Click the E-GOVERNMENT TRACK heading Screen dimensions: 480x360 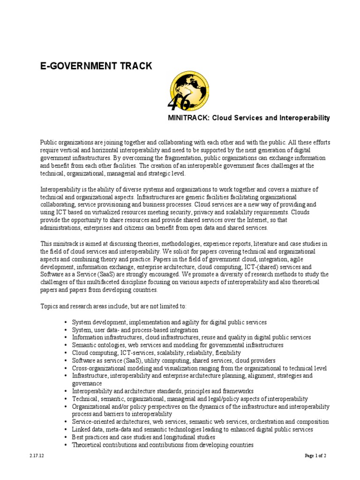coord(96,66)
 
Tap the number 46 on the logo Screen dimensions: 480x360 coord(179,102)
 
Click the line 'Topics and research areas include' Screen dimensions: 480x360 coord(113,306)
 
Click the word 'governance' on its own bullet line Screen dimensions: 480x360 coord(88,383)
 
